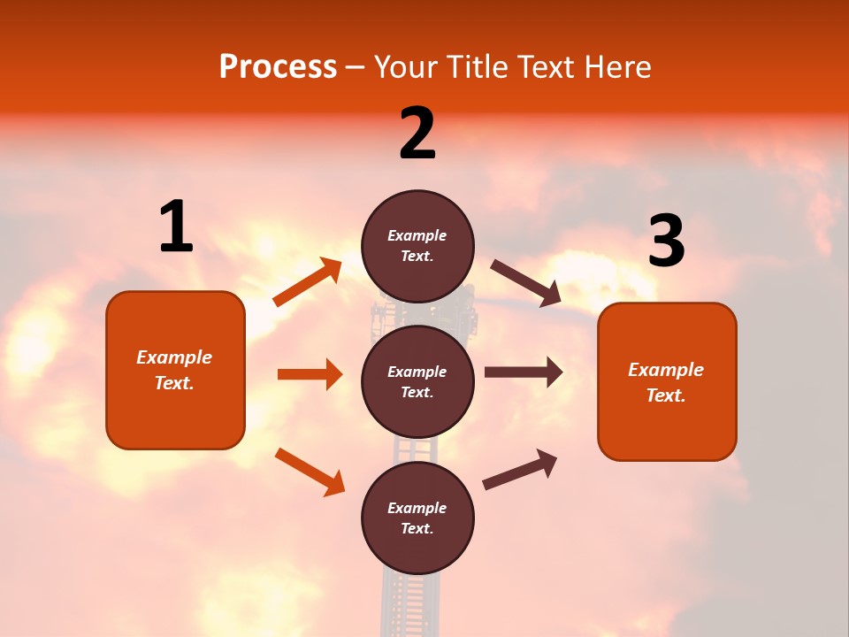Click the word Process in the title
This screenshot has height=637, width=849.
pos(278,67)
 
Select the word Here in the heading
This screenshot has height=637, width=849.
pos(616,67)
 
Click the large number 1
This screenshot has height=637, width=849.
pos(176,227)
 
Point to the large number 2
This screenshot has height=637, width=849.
pos(417,134)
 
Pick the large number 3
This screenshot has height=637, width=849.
pos(666,242)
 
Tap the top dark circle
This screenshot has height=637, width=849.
pos(417,246)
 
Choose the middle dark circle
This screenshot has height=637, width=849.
pos(417,381)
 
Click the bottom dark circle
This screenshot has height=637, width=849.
pos(417,518)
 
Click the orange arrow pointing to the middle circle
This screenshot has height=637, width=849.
pos(310,374)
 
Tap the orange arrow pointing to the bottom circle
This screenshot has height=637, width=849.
pos(310,472)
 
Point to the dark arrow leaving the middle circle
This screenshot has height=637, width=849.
pos(524,372)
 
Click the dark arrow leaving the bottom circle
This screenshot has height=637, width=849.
pos(520,469)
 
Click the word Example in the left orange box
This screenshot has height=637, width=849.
pos(174,357)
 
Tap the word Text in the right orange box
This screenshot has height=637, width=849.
pos(664,395)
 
